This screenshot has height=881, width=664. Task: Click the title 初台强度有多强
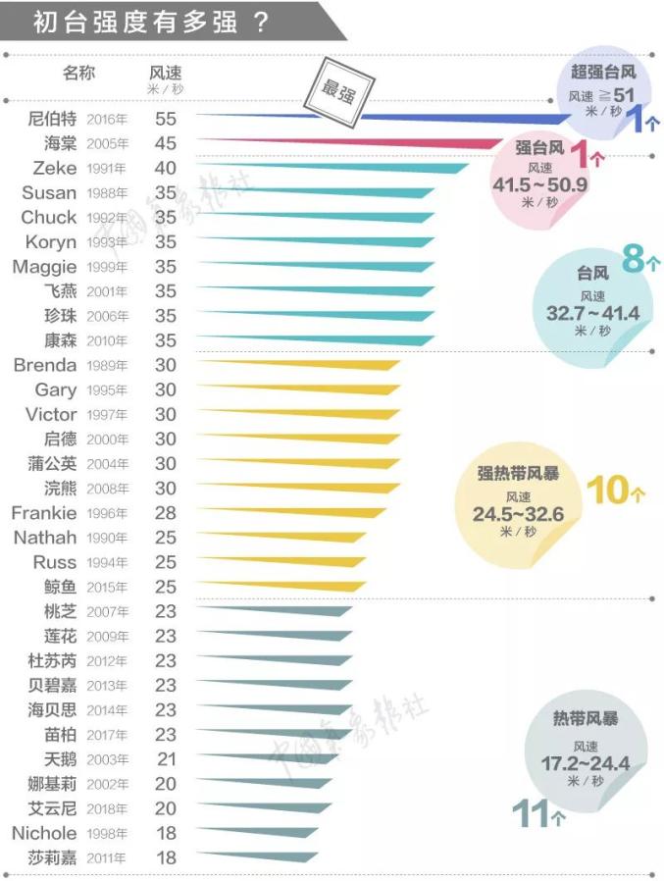152,22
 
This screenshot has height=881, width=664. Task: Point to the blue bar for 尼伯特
392,118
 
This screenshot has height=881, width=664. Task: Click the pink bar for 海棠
373,143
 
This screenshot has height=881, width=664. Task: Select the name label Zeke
54,168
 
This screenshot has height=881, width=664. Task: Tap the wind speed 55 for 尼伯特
165,119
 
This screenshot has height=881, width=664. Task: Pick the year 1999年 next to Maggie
107,267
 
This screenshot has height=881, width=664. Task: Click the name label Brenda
45,365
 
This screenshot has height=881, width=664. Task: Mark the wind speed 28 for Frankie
165,513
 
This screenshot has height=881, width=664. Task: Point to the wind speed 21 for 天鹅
165,759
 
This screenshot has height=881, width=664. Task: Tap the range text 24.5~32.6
518,514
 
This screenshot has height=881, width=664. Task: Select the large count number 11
532,812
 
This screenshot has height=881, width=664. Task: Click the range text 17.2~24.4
585,762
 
